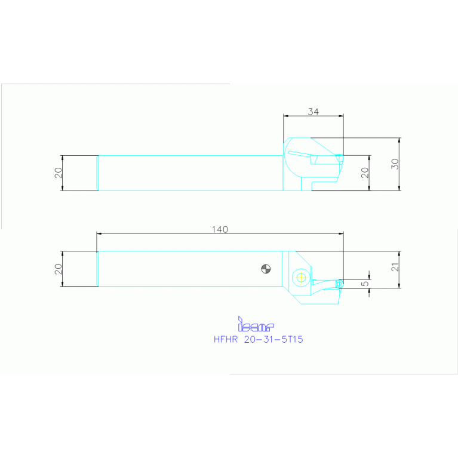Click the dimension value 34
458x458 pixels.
pos(313,111)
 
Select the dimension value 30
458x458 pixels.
pos(395,164)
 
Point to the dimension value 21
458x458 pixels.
pos(395,269)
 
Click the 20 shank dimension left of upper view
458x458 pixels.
pos(58,173)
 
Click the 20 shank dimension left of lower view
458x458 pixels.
pos(58,269)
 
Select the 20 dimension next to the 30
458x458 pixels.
pos(365,173)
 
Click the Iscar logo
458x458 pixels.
pos(256,325)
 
